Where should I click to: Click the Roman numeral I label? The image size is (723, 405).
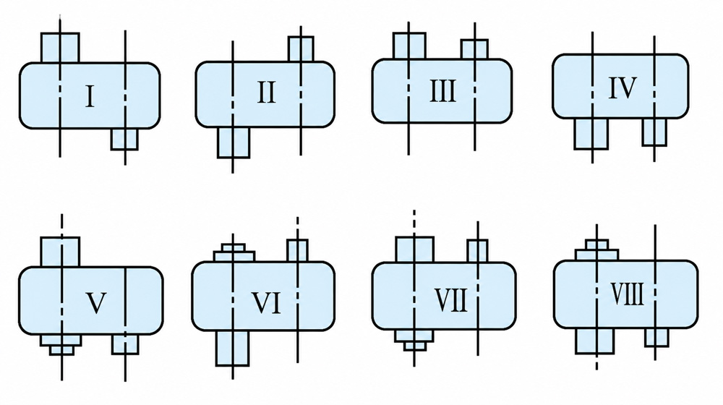90,96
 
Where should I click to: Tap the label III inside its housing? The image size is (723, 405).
442,91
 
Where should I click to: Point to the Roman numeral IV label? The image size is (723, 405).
623,88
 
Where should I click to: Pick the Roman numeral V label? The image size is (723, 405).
96,303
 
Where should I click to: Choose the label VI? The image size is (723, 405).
266,303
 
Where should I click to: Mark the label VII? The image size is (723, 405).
451,300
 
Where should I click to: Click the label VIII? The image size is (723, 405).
627,294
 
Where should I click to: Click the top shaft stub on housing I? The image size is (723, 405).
60,48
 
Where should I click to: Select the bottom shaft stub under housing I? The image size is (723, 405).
124,139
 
